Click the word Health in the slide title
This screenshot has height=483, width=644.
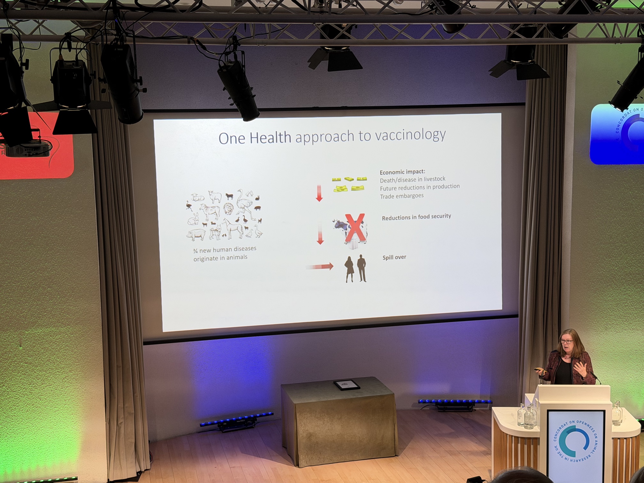[x=270, y=137]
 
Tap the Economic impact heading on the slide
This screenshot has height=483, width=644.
[x=402, y=172]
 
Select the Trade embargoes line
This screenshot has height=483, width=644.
[x=402, y=196]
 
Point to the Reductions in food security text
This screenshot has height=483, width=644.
[x=416, y=217]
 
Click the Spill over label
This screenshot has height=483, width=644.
[x=394, y=257]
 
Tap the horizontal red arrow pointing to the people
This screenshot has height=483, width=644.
[x=319, y=267]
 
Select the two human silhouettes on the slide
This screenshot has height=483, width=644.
[x=356, y=269]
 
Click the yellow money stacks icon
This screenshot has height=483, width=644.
[x=349, y=184]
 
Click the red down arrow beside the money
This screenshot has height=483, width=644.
[x=319, y=193]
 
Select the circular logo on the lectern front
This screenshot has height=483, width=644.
[x=575, y=441]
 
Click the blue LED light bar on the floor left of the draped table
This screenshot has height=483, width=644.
[x=237, y=419]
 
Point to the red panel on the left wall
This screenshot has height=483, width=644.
[x=37, y=147]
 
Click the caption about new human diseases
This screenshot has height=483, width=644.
[x=225, y=253]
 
